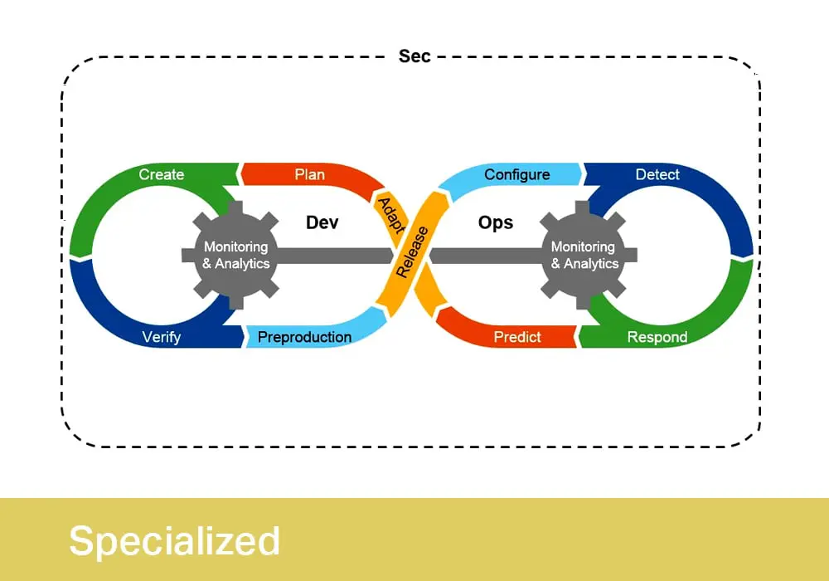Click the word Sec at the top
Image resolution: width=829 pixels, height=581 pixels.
pos(414,56)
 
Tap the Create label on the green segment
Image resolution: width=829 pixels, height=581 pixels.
pos(162,174)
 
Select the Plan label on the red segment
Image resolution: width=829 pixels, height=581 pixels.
pos(310,174)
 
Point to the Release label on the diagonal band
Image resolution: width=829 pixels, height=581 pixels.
pos(412,251)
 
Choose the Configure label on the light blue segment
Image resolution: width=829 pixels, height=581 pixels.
pos(517,174)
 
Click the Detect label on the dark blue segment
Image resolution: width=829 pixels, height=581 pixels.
pos(657,174)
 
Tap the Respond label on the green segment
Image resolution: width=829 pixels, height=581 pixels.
pos(657,337)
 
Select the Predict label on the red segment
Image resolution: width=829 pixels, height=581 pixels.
pos(517,337)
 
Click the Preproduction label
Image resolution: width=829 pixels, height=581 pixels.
pos(304,337)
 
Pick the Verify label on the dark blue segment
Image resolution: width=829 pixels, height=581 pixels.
pos(162,337)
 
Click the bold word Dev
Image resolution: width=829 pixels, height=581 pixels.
pos(322,222)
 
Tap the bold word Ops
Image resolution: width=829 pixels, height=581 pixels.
pos(496,222)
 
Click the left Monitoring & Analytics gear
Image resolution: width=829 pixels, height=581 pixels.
pos(235,255)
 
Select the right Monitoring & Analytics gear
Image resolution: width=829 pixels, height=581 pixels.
pos(583,255)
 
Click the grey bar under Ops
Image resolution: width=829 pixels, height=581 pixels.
pos(487,256)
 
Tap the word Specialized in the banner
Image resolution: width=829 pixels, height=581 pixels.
pos(174,541)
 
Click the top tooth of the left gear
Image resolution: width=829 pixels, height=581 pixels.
pos(235,208)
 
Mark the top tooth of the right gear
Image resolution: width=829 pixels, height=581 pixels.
pos(583,208)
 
